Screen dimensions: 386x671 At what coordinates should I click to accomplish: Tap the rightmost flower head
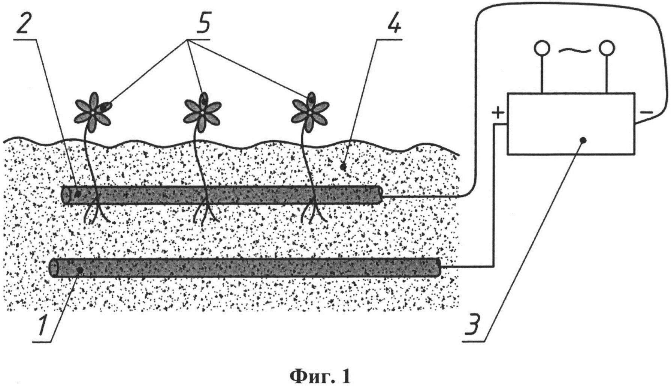(310, 112)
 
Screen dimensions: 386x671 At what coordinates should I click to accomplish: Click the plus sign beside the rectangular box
(498, 113)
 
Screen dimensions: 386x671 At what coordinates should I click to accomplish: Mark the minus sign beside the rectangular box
(646, 112)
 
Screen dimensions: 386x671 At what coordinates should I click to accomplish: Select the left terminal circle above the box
(542, 48)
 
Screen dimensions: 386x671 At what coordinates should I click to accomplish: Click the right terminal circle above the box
(607, 48)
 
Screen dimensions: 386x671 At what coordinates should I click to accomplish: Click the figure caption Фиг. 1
(321, 375)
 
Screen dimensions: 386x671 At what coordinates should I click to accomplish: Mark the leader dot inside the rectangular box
(583, 140)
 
